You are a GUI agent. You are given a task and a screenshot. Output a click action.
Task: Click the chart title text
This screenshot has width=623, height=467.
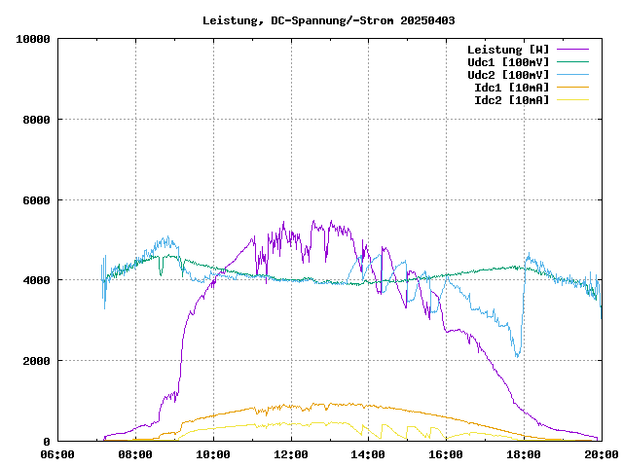point(328,19)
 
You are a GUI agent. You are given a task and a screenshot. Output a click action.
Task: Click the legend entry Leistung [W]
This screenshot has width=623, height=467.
point(508,49)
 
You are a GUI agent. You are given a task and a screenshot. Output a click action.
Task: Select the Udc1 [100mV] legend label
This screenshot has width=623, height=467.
point(508,61)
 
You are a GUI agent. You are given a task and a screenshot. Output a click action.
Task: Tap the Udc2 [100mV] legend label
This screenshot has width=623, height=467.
point(508,74)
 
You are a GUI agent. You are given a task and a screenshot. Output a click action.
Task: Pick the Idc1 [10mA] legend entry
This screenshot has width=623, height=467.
point(511,87)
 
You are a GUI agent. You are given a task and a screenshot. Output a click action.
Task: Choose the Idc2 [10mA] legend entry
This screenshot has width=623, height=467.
point(511,99)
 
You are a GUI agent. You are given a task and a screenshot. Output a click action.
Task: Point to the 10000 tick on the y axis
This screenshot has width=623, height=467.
point(33,39)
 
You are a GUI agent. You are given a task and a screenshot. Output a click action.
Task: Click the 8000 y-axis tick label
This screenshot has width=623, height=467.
point(36,120)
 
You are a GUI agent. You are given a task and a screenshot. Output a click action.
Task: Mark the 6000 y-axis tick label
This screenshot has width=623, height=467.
point(36,200)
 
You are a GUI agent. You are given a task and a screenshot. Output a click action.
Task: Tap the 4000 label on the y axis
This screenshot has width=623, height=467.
point(36,280)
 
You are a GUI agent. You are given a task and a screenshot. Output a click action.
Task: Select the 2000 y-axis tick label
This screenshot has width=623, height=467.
point(36,361)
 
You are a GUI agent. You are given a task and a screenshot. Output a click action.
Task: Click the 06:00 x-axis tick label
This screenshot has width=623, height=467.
point(57,453)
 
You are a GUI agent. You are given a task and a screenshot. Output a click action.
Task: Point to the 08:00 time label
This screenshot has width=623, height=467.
point(135,453)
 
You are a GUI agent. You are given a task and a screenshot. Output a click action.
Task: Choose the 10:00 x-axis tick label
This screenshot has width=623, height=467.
point(213,453)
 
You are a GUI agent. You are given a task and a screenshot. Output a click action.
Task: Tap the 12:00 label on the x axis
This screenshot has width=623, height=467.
point(291,453)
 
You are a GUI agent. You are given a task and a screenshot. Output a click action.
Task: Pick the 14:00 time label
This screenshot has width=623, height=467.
point(369,453)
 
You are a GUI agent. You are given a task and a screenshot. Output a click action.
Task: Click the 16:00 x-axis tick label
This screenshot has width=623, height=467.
point(447,453)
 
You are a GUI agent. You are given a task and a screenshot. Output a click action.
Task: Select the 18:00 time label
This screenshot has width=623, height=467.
point(525,453)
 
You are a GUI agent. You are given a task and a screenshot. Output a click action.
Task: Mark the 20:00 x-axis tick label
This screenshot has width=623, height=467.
point(601,453)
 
